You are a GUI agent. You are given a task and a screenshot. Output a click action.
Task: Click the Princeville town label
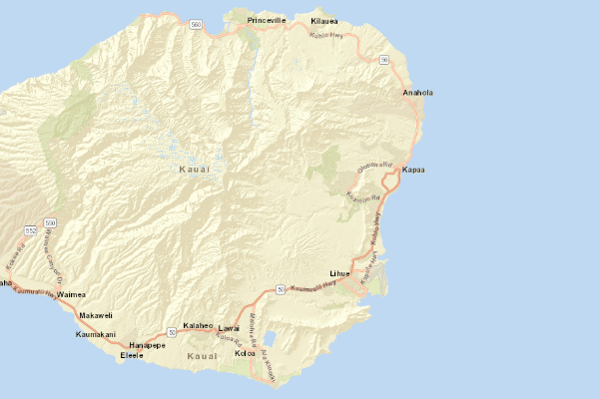point(267,20)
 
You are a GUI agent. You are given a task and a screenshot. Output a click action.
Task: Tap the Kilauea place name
point(324,21)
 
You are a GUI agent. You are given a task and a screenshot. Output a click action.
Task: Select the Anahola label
point(417,93)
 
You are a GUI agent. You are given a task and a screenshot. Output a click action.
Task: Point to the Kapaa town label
point(413,171)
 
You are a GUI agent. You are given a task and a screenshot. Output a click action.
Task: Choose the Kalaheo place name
point(199,326)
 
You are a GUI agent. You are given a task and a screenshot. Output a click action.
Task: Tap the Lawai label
point(230,328)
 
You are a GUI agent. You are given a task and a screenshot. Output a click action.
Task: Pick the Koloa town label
point(245,353)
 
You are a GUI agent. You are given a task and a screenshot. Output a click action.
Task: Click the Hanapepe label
point(147,344)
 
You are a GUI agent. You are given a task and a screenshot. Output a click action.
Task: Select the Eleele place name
point(132,355)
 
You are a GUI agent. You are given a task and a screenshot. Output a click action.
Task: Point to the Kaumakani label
point(96,334)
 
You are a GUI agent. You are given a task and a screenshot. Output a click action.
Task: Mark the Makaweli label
point(96,315)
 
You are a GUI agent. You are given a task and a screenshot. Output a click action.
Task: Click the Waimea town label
point(72,295)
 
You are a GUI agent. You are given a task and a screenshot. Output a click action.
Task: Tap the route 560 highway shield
point(196,23)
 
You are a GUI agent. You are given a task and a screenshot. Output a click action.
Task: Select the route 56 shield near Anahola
point(383,60)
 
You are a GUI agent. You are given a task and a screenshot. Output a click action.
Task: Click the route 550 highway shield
point(50,221)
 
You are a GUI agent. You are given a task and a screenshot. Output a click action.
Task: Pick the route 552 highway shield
point(31,230)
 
